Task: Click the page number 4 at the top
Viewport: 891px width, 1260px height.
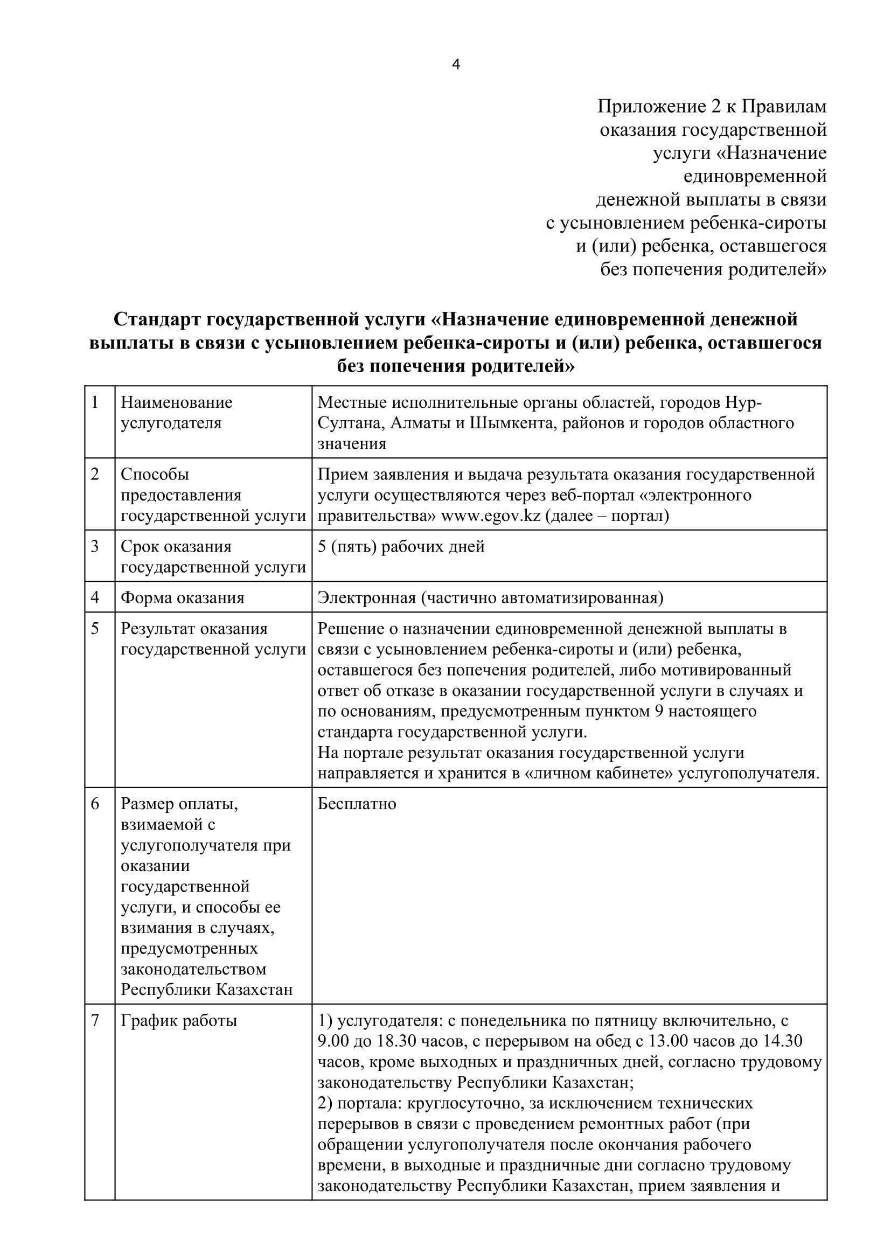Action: pyautogui.click(x=456, y=65)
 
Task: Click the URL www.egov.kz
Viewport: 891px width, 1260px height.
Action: pyautogui.click(x=491, y=516)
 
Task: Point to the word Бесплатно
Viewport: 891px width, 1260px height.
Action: pyautogui.click(x=357, y=803)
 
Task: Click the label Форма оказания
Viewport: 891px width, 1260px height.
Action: pyautogui.click(x=182, y=597)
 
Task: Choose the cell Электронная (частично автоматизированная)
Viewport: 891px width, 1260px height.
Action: pyautogui.click(x=490, y=597)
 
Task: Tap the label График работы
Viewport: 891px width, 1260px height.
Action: pyautogui.click(x=179, y=1021)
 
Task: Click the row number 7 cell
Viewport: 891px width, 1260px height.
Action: pyautogui.click(x=95, y=1021)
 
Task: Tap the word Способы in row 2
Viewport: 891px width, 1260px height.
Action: pyautogui.click(x=155, y=474)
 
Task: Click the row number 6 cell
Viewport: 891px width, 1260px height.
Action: pyautogui.click(x=95, y=803)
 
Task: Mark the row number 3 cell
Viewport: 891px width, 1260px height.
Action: pyautogui.click(x=95, y=547)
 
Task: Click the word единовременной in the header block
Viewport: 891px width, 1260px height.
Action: pyautogui.click(x=755, y=177)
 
